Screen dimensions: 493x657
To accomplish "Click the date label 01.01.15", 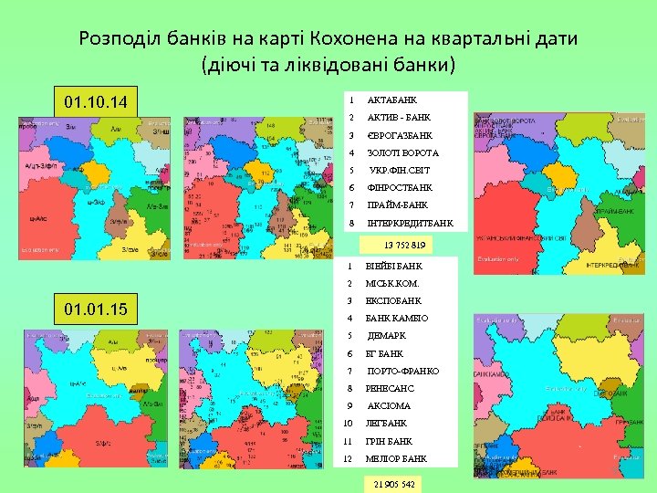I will [97, 309].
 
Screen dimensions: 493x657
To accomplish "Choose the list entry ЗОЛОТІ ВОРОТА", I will [402, 152].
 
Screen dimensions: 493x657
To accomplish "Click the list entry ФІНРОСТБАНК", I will [400, 188].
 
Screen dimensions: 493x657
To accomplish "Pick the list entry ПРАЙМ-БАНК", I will [397, 205].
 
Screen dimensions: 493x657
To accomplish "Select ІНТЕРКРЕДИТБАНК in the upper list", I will [410, 223].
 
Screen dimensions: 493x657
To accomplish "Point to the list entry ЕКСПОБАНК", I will [393, 300].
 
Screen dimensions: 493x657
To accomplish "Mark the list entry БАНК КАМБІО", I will [397, 319].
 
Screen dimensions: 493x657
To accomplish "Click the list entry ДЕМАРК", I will [387, 336].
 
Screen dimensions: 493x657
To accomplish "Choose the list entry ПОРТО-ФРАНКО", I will [402, 371].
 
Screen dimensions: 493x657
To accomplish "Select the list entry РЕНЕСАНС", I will [390, 388].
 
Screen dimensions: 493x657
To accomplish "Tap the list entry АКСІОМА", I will [389, 405].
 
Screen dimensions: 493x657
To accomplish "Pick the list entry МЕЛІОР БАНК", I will [396, 458].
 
